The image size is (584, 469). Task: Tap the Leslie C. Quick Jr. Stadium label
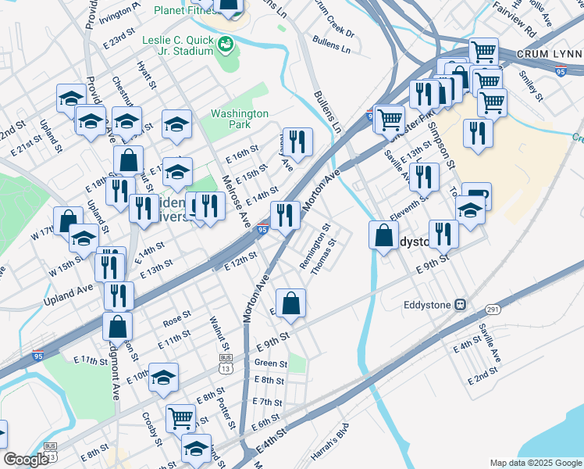click(x=178, y=45)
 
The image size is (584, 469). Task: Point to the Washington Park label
click(x=240, y=119)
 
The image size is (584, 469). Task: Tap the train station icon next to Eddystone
click(x=461, y=304)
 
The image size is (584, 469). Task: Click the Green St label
click(x=271, y=363)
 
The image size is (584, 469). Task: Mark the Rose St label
click(x=176, y=320)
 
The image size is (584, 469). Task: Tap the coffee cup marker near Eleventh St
click(x=475, y=195)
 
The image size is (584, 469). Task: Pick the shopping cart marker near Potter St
click(x=180, y=417)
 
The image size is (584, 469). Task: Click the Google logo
click(x=26, y=460)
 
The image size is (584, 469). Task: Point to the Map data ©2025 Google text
click(x=535, y=463)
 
